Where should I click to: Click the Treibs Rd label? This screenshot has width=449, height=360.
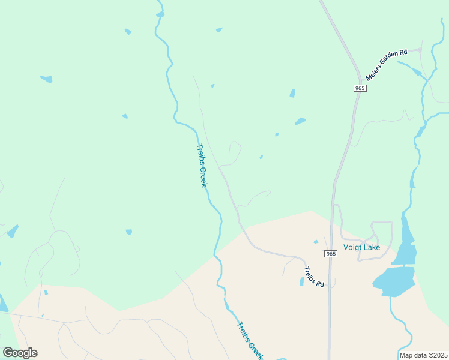(x=313, y=277)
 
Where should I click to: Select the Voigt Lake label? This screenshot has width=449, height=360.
(x=362, y=247)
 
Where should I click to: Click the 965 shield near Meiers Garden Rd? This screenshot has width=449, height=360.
(x=360, y=88)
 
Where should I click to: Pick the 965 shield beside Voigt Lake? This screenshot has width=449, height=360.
(x=331, y=254)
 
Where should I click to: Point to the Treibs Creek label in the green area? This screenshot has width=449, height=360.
(x=201, y=165)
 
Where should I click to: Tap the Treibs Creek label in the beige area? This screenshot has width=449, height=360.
(x=249, y=341)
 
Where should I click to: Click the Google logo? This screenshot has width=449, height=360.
(x=20, y=353)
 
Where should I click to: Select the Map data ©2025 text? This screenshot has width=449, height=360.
(x=423, y=355)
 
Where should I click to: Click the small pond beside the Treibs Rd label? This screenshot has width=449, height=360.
(x=301, y=281)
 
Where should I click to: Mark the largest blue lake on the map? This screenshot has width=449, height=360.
(x=394, y=281)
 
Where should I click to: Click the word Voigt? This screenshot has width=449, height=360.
(x=353, y=247)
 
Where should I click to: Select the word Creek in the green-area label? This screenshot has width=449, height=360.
(x=203, y=175)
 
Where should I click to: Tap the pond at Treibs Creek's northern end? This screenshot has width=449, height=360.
(x=160, y=14)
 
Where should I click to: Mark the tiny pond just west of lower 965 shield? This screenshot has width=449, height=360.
(x=316, y=242)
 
